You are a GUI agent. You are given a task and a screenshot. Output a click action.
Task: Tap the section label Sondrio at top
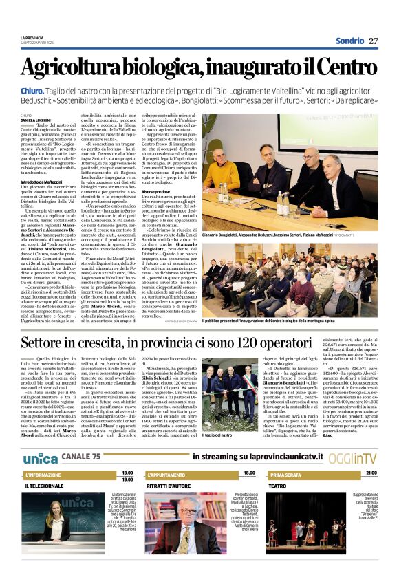pyautogui.click(x=349, y=41)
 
